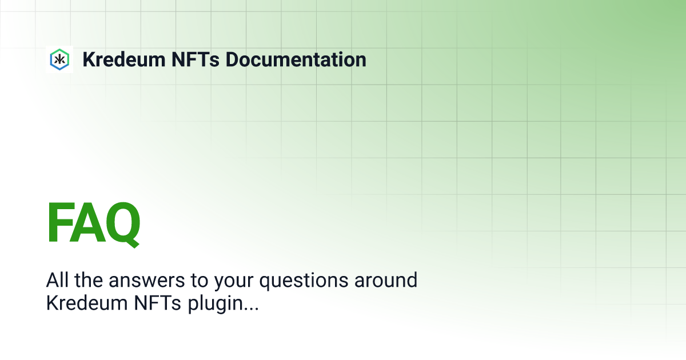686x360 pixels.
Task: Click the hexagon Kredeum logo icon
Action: pyautogui.click(x=59, y=59)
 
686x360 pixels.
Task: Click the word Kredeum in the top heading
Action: pyautogui.click(x=124, y=59)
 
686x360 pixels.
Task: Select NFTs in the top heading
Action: pyautogui.click(x=196, y=59)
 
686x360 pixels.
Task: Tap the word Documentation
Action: pyautogui.click(x=296, y=59)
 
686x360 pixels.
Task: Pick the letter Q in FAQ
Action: pyautogui.click(x=123, y=225)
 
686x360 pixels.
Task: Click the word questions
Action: pyautogui.click(x=304, y=282)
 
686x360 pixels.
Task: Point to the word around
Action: pyautogui.click(x=386, y=280)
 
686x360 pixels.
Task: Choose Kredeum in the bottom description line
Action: pyautogui.click(x=87, y=303)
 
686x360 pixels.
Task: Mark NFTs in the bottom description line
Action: pyautogui.click(x=157, y=303)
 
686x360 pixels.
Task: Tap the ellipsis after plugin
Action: pyautogui.click(x=252, y=309)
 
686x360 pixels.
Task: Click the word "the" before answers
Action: pyautogui.click(x=89, y=280)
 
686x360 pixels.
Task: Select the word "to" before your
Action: pyautogui.click(x=200, y=281)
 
